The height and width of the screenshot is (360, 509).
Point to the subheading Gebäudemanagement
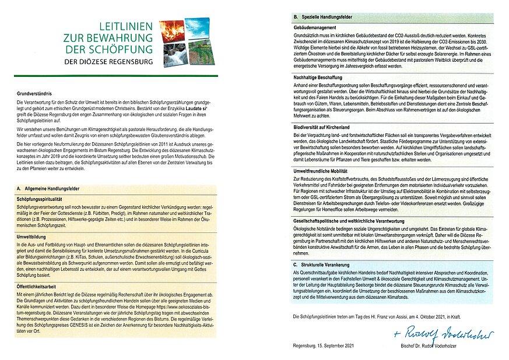[x=316, y=28]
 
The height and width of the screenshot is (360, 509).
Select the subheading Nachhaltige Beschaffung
[x=318, y=77]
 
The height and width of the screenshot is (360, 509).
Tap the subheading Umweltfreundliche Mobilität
[x=324, y=170]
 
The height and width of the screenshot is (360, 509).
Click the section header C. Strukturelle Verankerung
[x=321, y=265]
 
